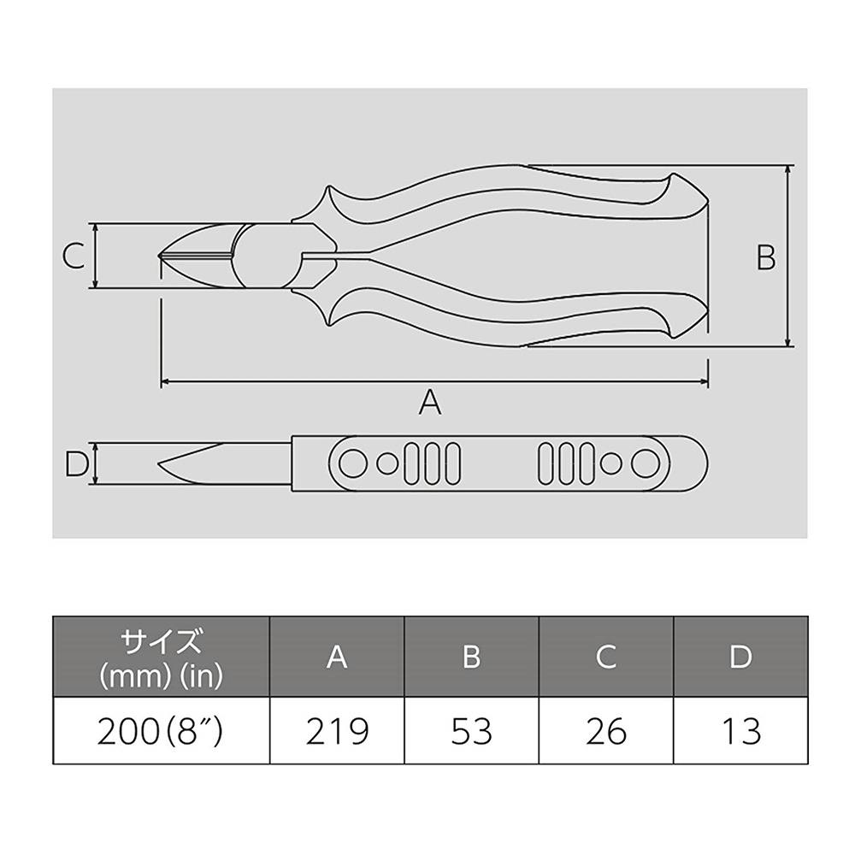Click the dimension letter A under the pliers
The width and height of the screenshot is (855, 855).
(x=430, y=402)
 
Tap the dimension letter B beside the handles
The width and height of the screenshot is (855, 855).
(x=765, y=257)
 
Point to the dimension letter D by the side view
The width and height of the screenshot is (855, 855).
(x=76, y=464)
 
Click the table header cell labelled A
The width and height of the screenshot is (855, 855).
(x=337, y=657)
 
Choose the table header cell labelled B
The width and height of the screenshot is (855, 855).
(x=472, y=657)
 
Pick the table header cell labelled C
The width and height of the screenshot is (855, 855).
(x=606, y=657)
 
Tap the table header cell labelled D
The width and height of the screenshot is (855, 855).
(x=741, y=657)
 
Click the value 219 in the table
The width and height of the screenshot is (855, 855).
(x=337, y=731)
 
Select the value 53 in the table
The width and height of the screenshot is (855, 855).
(x=472, y=731)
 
